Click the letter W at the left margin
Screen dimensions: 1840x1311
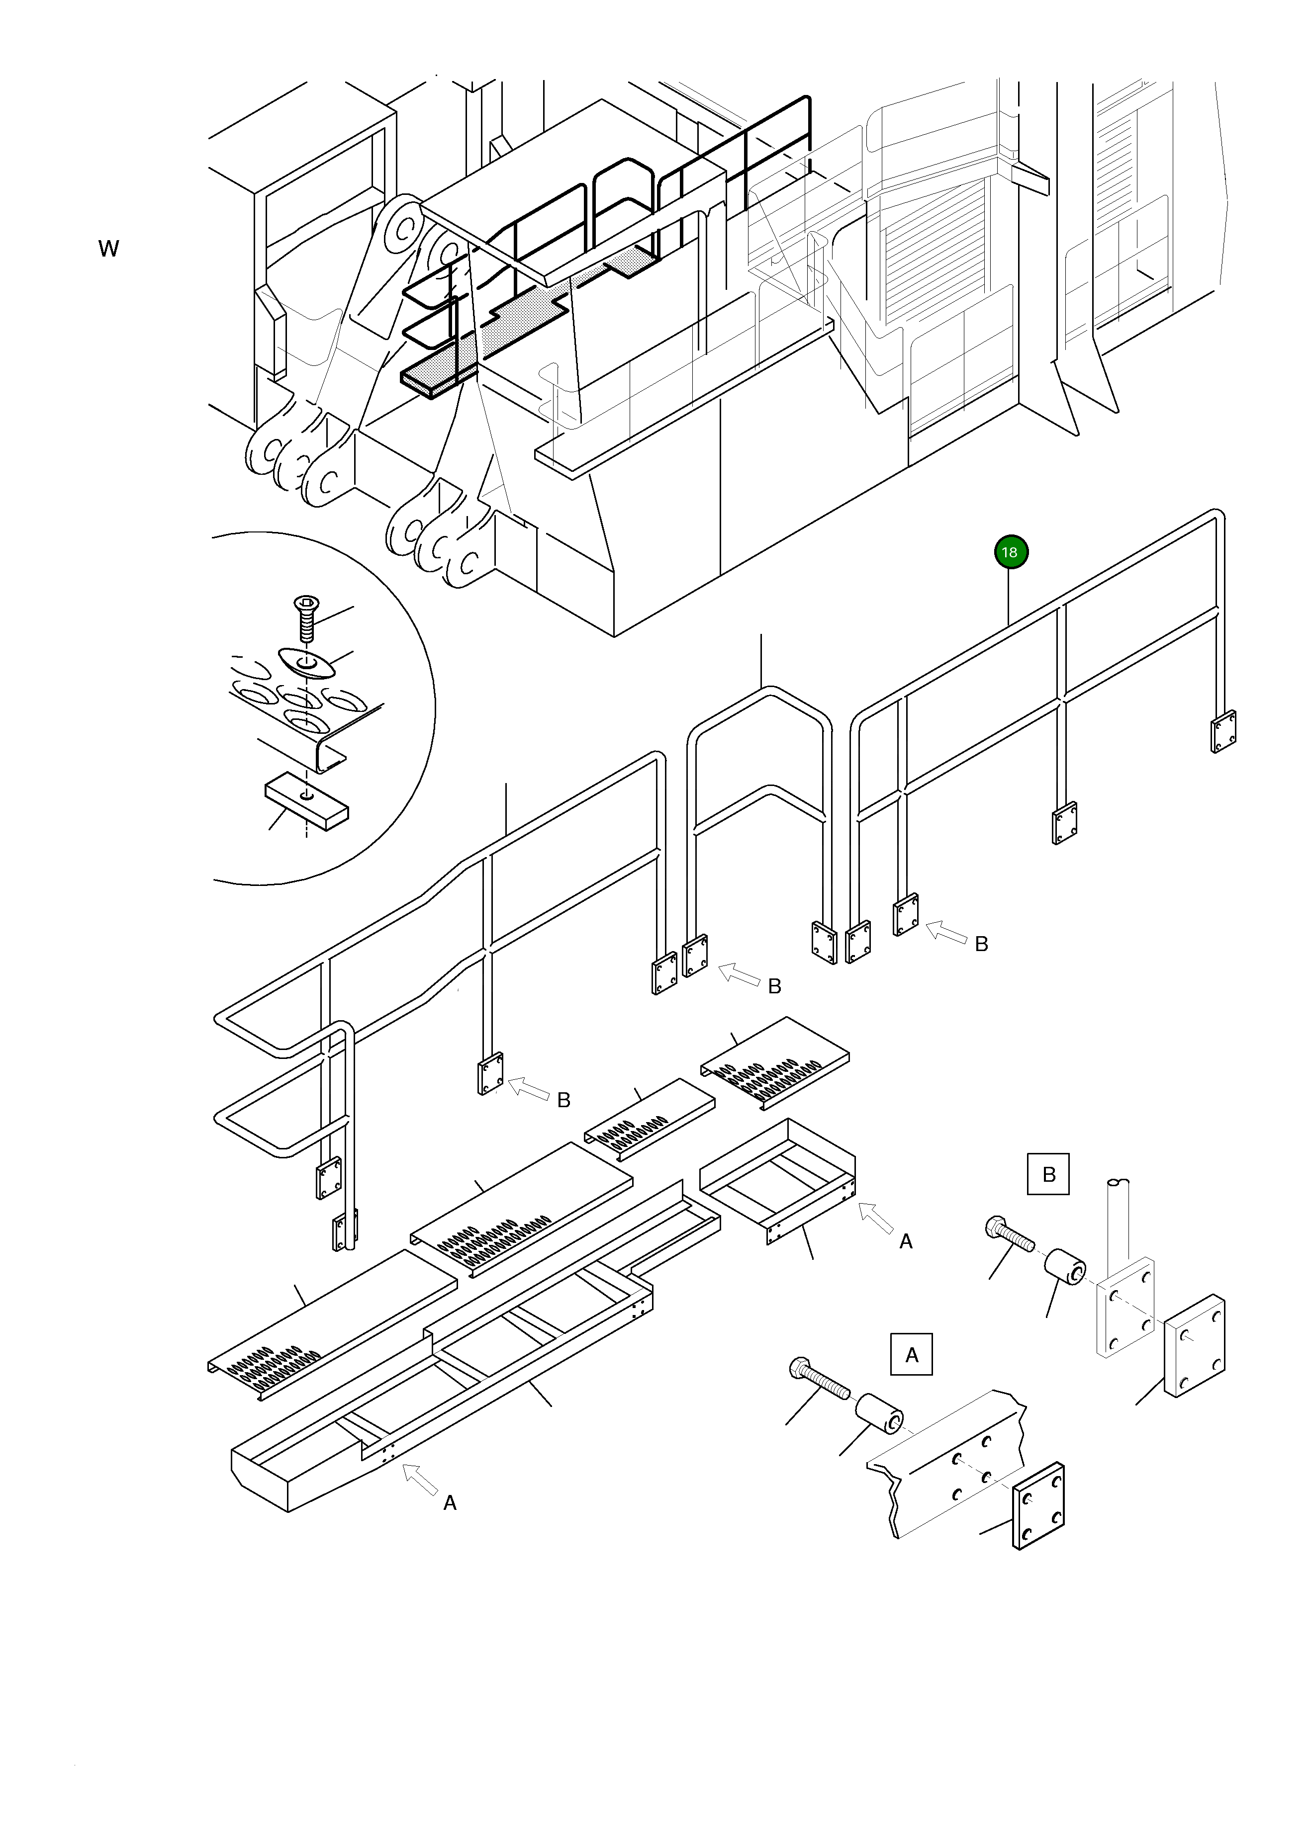click(108, 249)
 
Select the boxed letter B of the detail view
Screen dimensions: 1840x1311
click(1048, 1174)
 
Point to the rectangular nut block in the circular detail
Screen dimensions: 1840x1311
click(307, 800)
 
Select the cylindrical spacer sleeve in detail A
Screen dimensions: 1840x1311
click(879, 1413)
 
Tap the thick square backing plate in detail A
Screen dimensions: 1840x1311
click(1038, 1506)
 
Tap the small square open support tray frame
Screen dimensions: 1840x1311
click(776, 1178)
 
